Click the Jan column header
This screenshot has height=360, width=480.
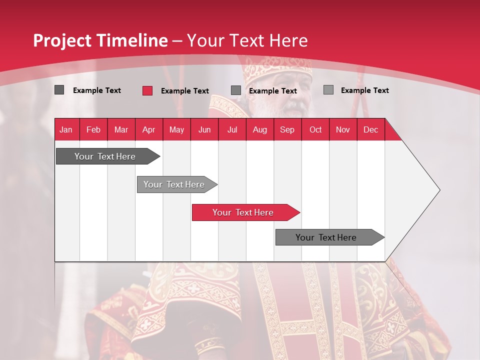tap(66, 129)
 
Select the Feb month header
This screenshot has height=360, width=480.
tap(93, 129)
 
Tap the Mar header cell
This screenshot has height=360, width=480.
tap(121, 129)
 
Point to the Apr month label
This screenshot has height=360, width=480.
tap(148, 129)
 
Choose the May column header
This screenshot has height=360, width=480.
tap(176, 129)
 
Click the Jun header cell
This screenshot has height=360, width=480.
tap(204, 129)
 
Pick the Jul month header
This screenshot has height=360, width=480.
tap(232, 129)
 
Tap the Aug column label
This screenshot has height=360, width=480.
tap(259, 129)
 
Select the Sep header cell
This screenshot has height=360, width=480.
tap(287, 129)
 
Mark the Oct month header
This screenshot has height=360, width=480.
tap(315, 129)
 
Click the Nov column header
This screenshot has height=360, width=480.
tap(343, 129)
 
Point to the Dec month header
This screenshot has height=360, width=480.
tap(370, 129)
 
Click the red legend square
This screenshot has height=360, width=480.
tap(147, 90)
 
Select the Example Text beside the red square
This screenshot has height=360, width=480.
tap(185, 91)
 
